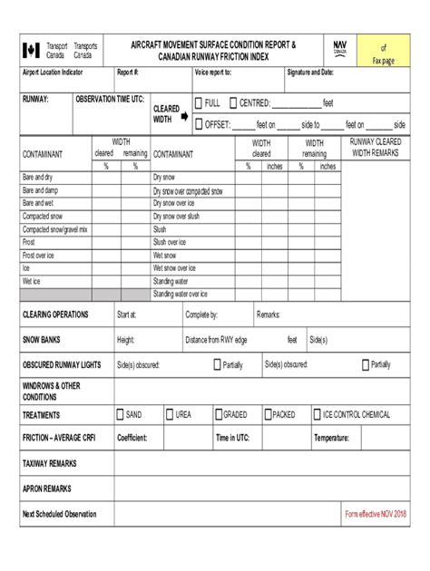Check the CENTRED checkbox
(x=232, y=102)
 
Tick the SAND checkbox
(x=119, y=414)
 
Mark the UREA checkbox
(x=169, y=414)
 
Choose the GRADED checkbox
(x=217, y=414)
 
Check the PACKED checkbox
(x=269, y=414)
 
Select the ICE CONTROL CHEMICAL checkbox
(x=317, y=414)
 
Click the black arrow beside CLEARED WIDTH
(x=184, y=115)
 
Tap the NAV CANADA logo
(x=339, y=47)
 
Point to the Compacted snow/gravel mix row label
(x=55, y=230)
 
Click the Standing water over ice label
(x=181, y=295)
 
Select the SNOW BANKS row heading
(x=44, y=340)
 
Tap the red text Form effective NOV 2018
(x=375, y=514)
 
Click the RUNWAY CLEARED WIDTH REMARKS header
(x=375, y=148)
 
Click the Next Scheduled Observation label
(x=59, y=514)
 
